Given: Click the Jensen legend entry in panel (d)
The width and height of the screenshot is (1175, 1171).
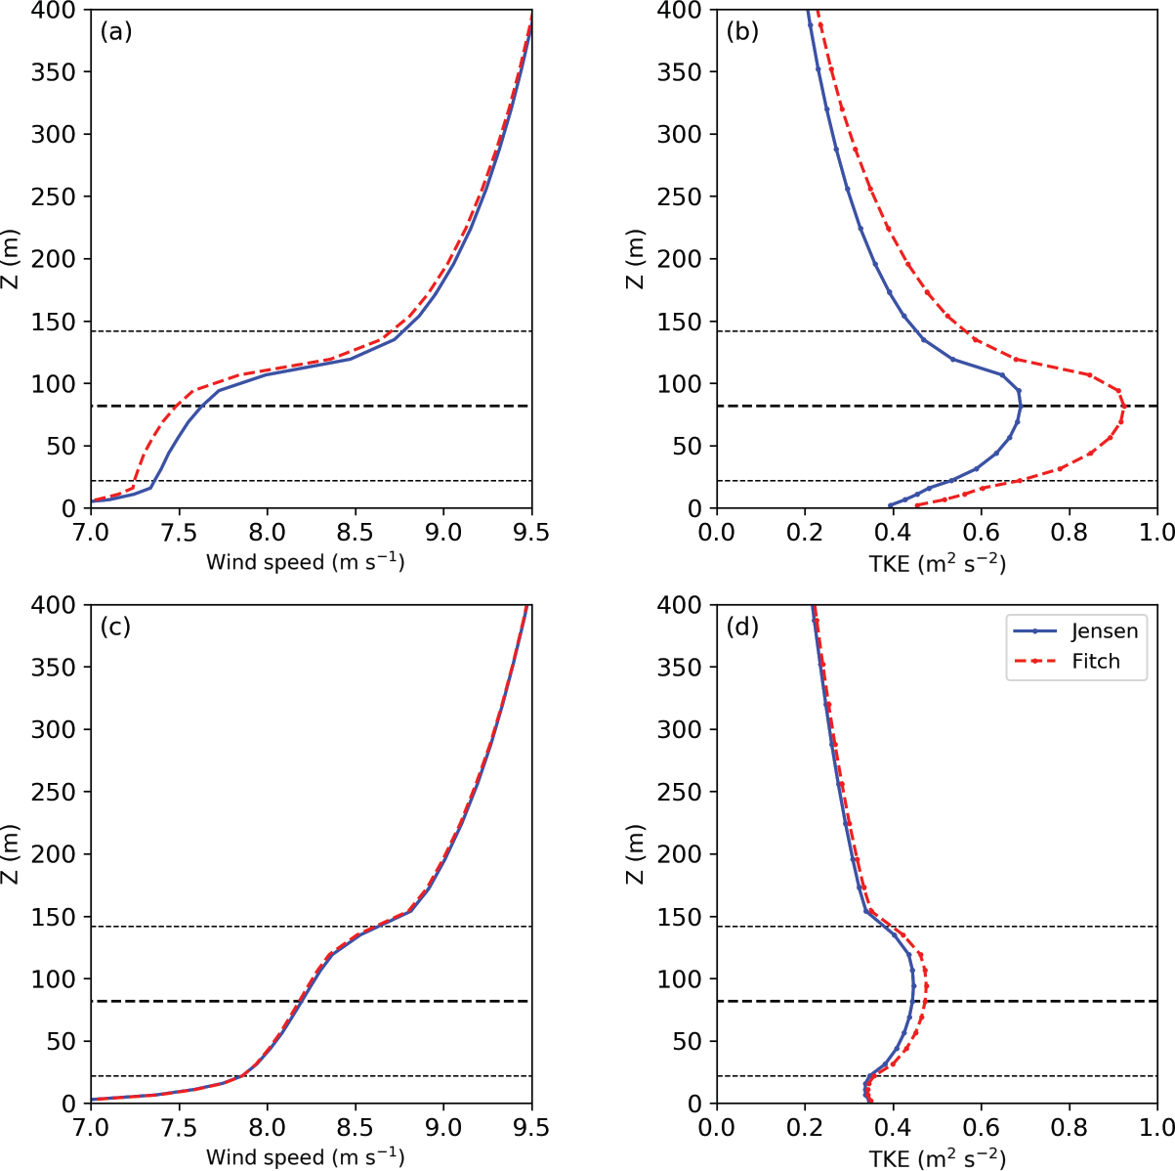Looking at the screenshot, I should coord(1104,631).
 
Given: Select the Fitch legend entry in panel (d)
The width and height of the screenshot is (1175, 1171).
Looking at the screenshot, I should coord(1096,662).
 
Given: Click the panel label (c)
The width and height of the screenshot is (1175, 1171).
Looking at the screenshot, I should coord(115,627).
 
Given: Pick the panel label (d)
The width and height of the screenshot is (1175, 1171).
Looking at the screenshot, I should coord(741,627).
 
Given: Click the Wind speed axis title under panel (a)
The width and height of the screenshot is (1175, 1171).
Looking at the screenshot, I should coord(305,562).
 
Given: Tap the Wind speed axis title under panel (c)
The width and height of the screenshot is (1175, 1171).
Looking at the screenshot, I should coord(305,1157).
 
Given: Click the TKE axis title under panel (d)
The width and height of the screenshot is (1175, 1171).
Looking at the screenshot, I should coord(937,1157).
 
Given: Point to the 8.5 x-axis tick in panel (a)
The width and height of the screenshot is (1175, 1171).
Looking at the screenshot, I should coord(355,532).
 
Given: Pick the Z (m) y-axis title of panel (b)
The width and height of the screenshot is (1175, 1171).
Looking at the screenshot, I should coord(636,258).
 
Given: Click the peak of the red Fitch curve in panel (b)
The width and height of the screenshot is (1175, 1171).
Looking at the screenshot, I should coord(1123,408).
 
